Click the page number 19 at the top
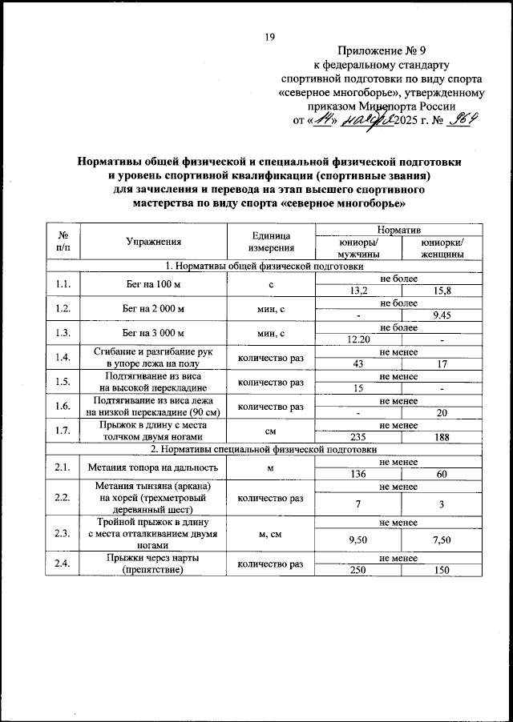pyautogui.click(x=270, y=36)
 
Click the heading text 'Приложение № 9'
pyautogui.click(x=381, y=50)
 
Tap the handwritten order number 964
pyautogui.click(x=463, y=121)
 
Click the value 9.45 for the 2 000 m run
pyautogui.click(x=442, y=315)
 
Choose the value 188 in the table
pyautogui.click(x=442, y=437)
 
